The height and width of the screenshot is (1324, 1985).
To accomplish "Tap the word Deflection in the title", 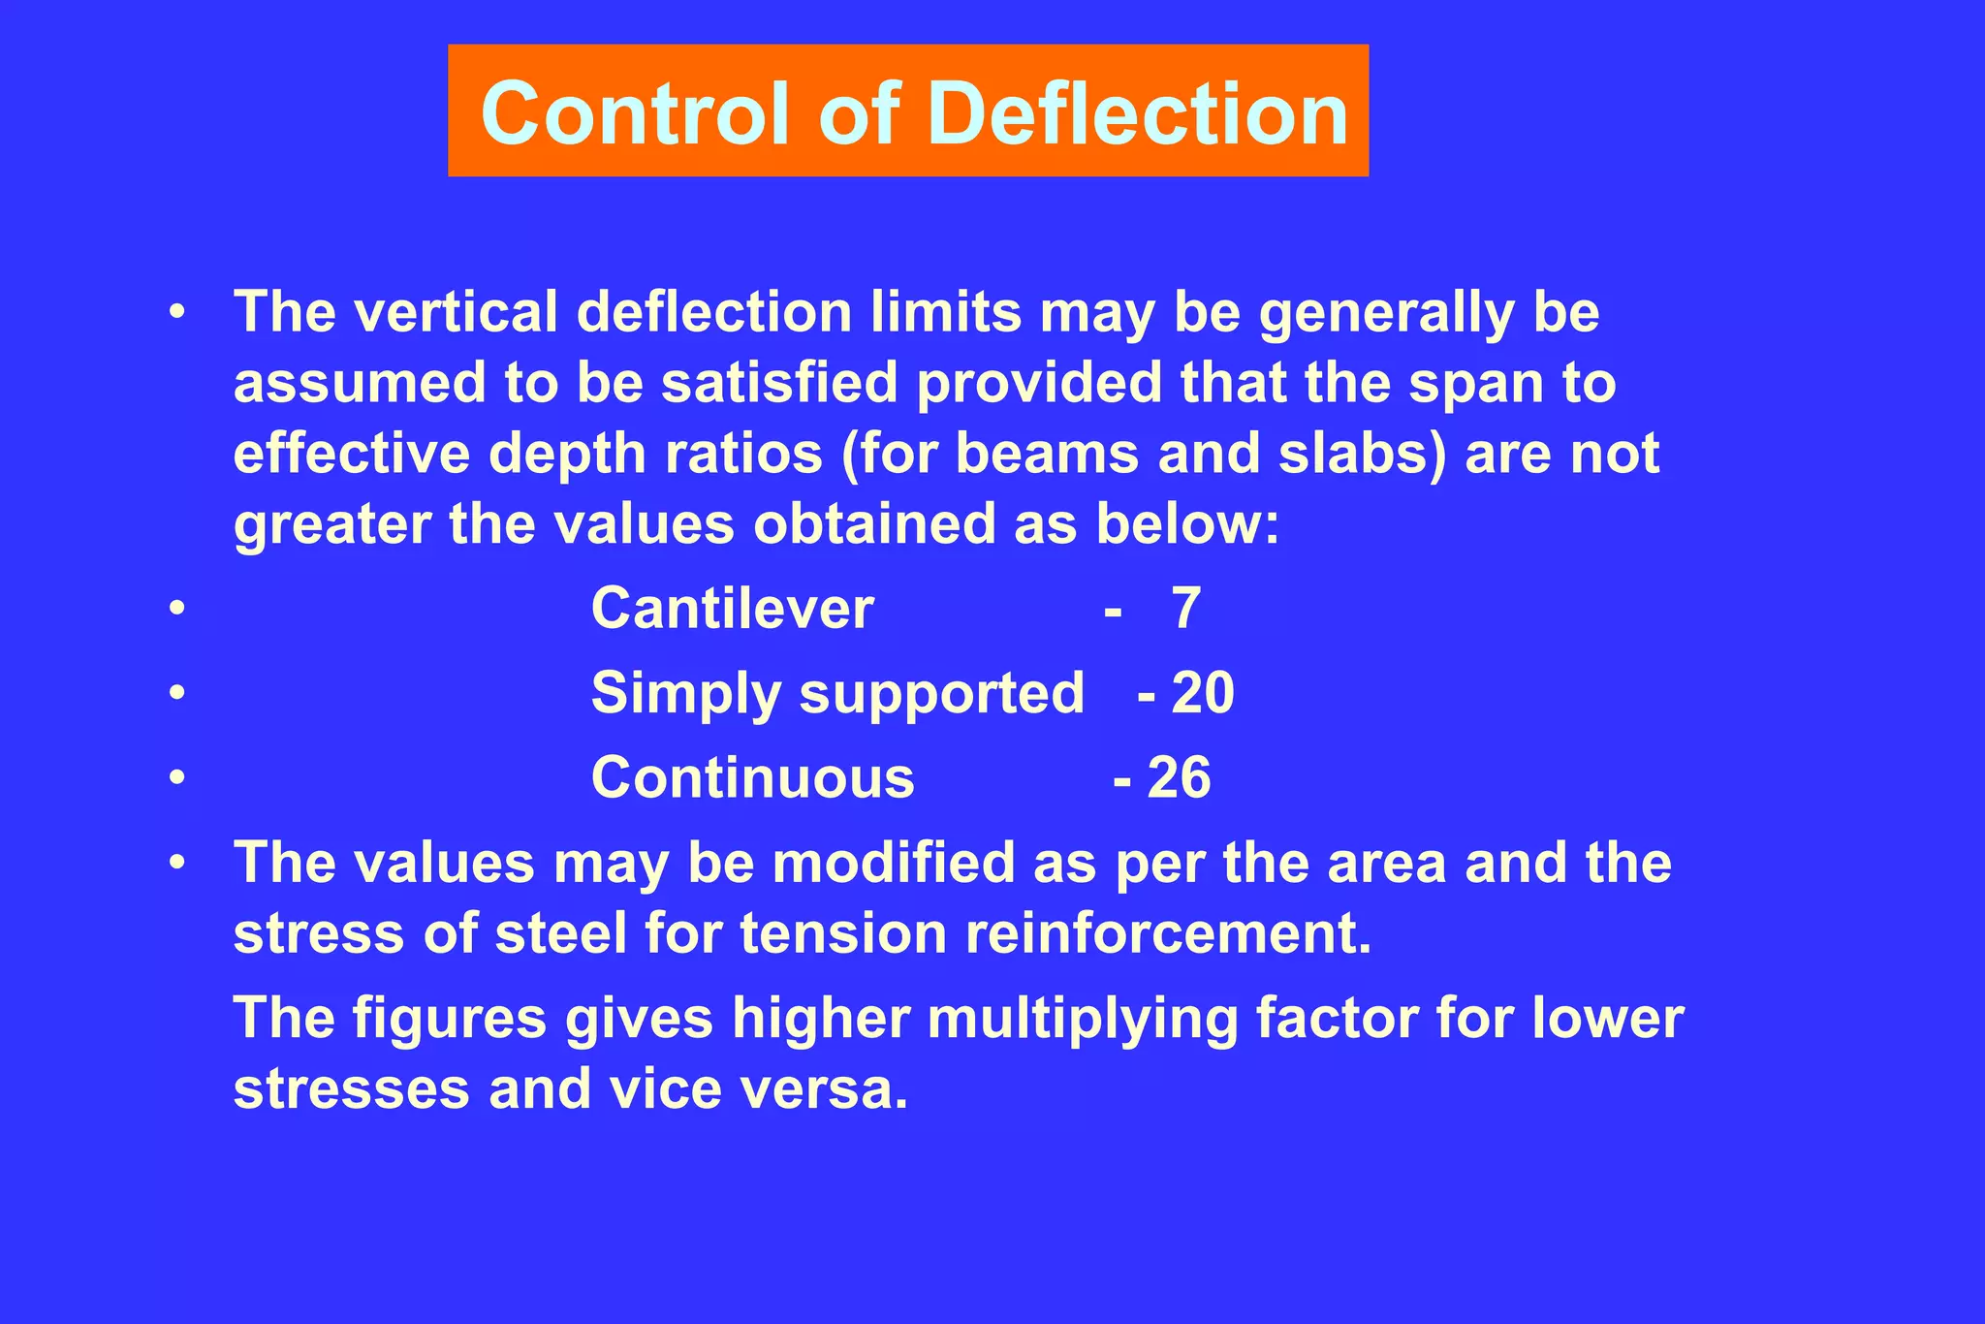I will [1138, 113].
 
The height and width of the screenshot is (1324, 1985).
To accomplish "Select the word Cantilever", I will [733, 609].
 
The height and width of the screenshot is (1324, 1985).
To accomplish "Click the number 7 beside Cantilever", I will [1186, 609].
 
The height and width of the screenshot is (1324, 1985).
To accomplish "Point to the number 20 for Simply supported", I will [1203, 693].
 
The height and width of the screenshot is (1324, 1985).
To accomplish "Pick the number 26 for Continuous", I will [1179, 777].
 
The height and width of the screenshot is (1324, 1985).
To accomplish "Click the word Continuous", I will [753, 777].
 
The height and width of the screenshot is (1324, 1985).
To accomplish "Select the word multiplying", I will [1083, 1019].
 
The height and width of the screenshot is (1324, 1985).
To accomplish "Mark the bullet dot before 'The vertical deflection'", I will [176, 312].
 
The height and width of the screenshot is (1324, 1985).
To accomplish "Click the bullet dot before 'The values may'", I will [176, 862].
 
